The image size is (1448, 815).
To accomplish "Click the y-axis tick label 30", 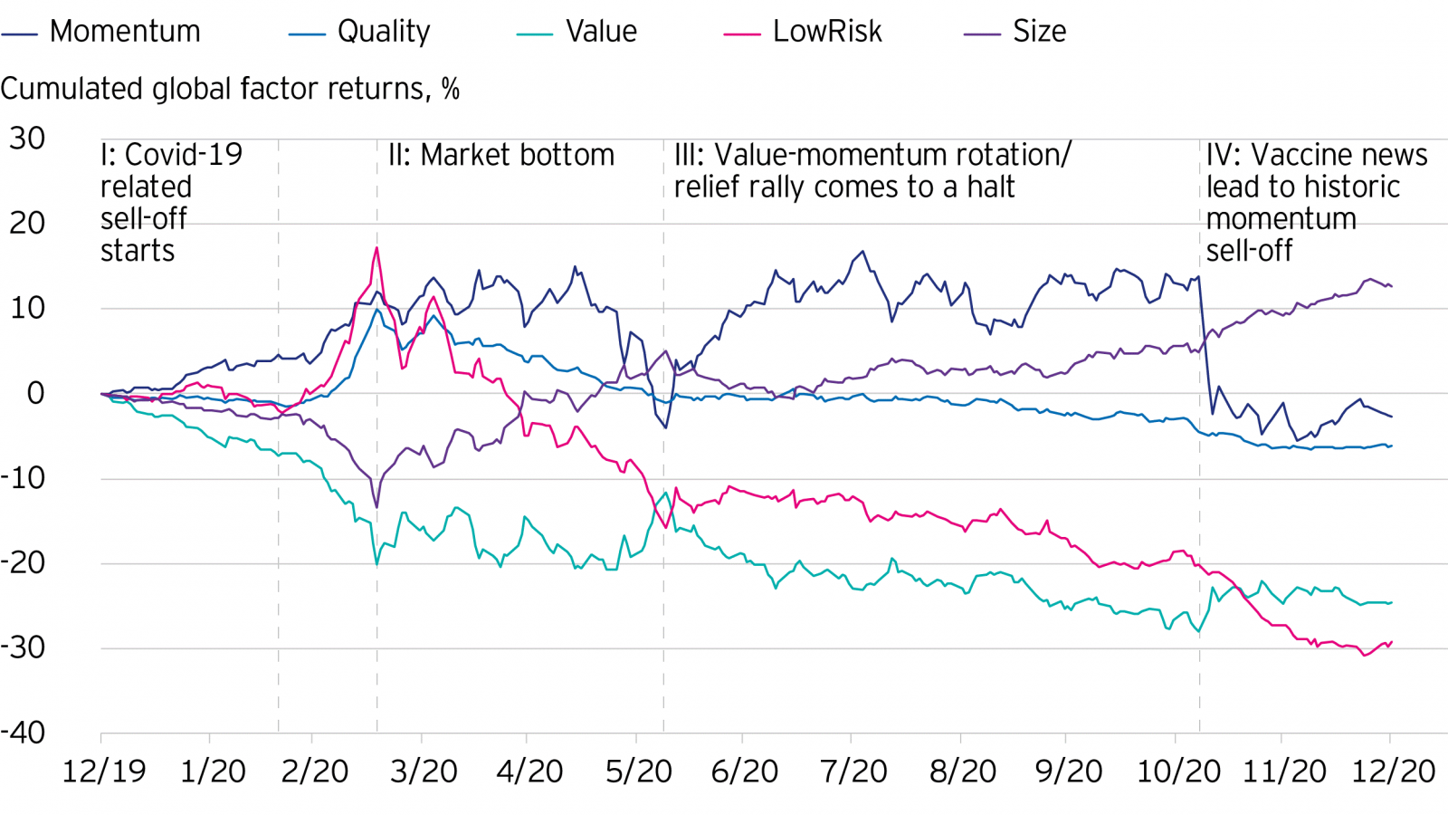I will [27, 139].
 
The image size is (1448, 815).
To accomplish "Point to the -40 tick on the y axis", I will [24, 733].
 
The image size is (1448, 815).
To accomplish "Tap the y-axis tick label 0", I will [35, 393].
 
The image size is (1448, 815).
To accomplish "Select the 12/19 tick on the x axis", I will [104, 772].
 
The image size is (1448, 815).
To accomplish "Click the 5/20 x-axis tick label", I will [639, 772].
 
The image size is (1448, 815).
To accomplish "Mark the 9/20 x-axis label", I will [1069, 772].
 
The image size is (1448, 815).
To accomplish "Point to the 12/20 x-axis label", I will [1393, 772].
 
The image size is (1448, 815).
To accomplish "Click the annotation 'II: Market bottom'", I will [501, 155].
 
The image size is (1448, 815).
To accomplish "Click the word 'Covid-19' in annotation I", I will [184, 155].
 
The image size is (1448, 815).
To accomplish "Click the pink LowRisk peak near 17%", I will [376, 248].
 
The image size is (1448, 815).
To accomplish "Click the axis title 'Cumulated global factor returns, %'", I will [230, 89].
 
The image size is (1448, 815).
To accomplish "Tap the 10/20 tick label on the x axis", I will [1178, 772].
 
